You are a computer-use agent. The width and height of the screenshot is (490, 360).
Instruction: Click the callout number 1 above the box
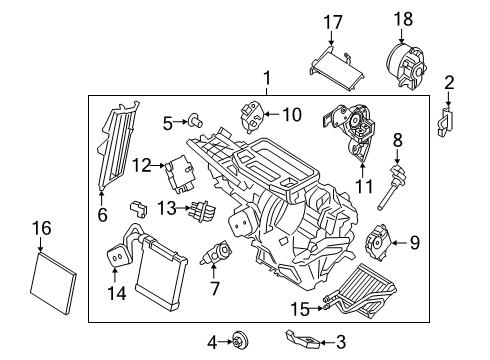coord(265,78)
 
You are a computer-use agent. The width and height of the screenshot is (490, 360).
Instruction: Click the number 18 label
coord(404,19)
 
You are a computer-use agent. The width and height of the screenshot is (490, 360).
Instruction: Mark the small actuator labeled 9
coord(378,241)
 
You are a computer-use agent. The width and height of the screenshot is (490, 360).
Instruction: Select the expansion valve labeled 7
coord(215,255)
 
